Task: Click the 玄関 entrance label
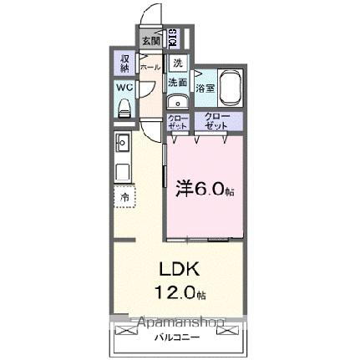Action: tap(150, 38)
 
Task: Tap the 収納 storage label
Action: tap(124, 63)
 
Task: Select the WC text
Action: tap(123, 87)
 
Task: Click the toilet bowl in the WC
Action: tap(124, 106)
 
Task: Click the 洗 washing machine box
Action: tap(177, 63)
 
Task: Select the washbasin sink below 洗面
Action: tap(176, 102)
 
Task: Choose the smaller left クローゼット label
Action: tap(178, 122)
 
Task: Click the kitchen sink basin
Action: tap(121, 141)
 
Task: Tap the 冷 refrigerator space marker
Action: tap(124, 197)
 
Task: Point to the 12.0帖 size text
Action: tap(178, 293)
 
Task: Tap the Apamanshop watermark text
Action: tap(178, 322)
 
